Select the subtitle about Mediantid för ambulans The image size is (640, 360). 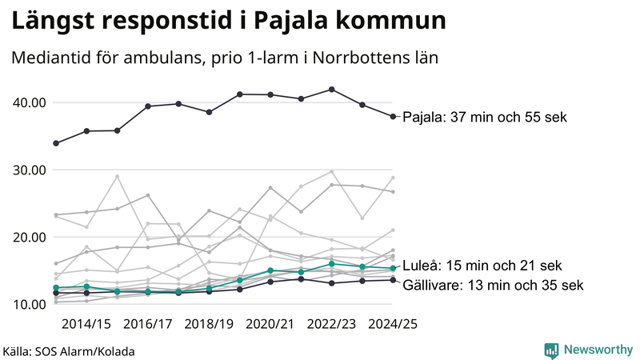coord(226,58)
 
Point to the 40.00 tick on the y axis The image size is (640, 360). coord(30,102)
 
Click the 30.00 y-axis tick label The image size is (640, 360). coord(30,170)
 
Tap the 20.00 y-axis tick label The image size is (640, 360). coord(30,237)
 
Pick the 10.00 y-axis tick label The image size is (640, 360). coord(30,304)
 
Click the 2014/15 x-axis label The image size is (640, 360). coord(86,324)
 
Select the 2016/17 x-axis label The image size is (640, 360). coord(148,324)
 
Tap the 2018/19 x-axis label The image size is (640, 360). coord(210,324)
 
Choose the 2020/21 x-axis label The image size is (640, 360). coord(270,324)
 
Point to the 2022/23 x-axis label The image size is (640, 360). coord(332,324)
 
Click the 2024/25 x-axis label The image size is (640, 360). coord(393,324)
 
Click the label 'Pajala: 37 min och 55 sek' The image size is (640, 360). coord(484,117)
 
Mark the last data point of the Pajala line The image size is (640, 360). coord(393,117)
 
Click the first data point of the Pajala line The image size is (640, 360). coord(55,143)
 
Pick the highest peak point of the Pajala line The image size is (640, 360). coord(332,90)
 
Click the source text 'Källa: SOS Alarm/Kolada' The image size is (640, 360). coord(69,351)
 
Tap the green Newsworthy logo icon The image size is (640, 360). coord(551,350)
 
